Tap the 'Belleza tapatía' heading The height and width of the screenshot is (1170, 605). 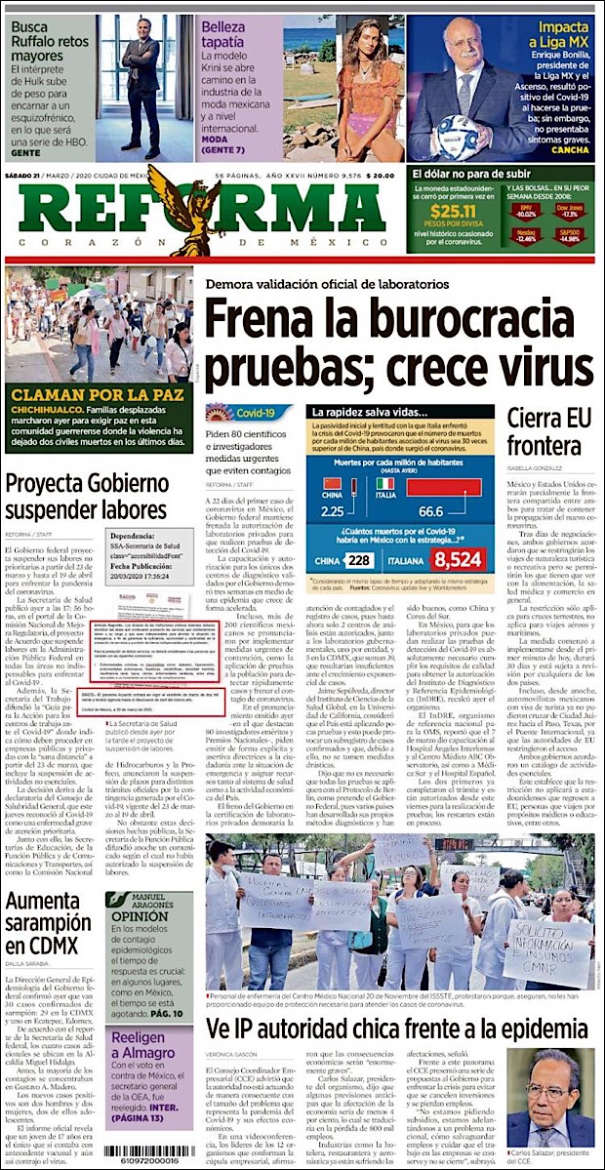coord(239,37)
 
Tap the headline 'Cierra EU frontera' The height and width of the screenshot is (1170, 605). coord(549,433)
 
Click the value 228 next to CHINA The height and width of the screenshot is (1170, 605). coord(359,559)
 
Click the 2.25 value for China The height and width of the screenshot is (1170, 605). coord(333,510)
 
